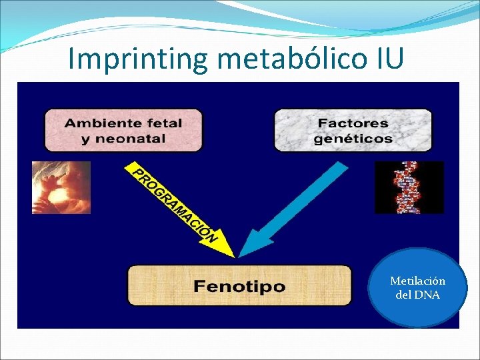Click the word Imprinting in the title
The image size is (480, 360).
pos(139,59)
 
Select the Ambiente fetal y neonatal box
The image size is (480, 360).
pos(123,130)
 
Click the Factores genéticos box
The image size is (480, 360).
pos(353,130)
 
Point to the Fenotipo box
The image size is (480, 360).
pos(239,286)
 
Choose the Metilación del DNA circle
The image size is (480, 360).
pos(418,288)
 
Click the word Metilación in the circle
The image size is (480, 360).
pos(418,281)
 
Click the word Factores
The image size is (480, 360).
pos(353,123)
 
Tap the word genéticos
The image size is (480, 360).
pos(353,139)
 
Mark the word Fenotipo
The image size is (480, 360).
pos(239,287)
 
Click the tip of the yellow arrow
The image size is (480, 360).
pos(233,255)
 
